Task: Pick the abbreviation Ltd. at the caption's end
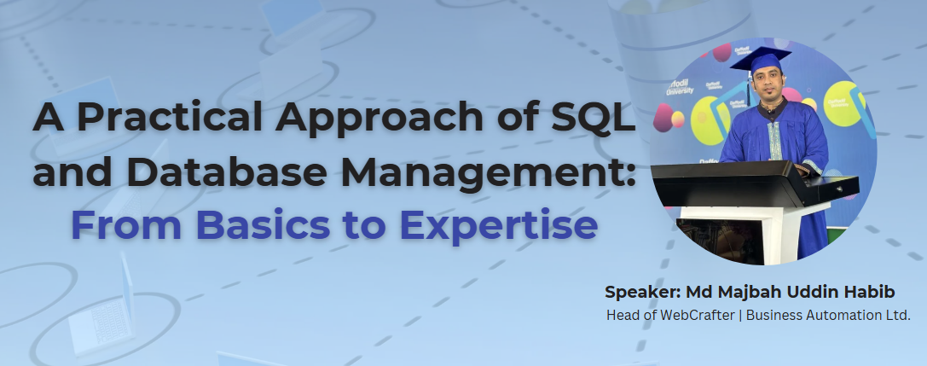point(895,316)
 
